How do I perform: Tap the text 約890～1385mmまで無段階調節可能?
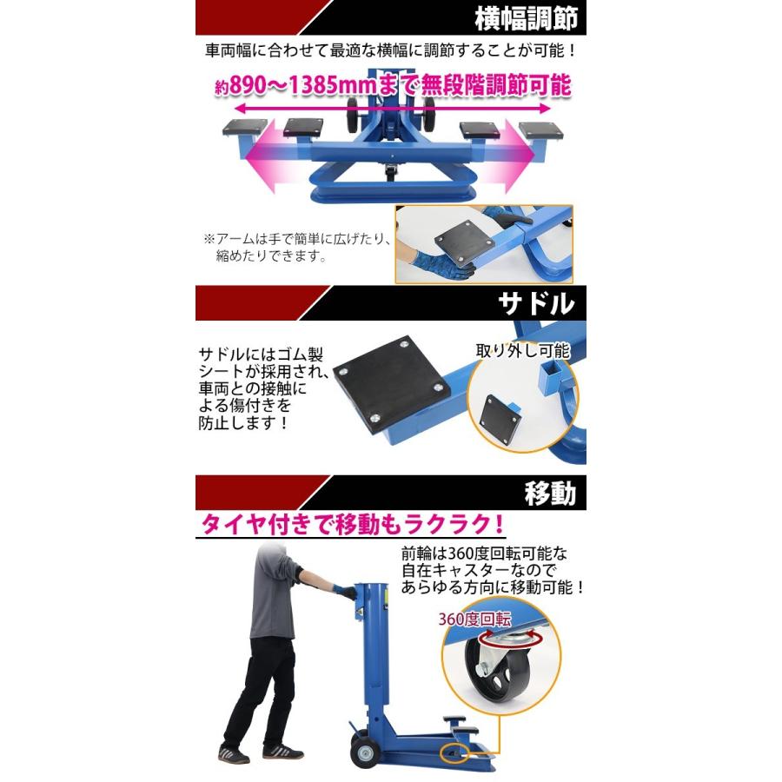pyautogui.click(x=393, y=86)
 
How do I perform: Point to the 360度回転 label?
pyautogui.click(x=475, y=619)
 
